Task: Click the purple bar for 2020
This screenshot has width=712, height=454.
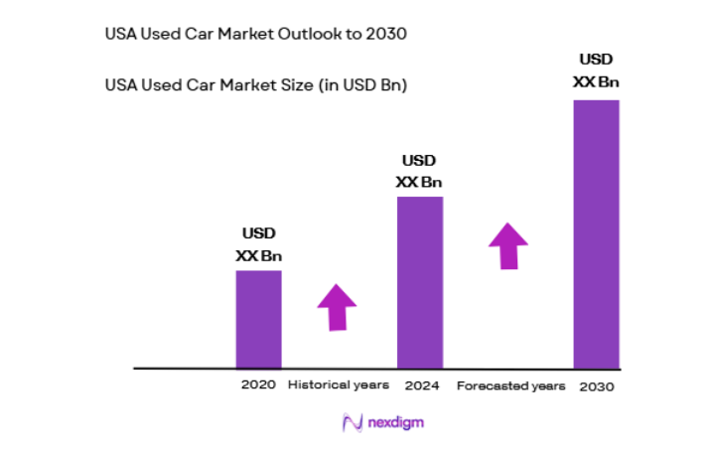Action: (258, 319)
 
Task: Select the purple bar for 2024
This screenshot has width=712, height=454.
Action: (420, 282)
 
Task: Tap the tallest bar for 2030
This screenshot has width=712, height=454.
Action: (596, 233)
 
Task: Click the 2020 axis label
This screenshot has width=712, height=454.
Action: (257, 384)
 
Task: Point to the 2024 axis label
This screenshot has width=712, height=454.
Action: (420, 384)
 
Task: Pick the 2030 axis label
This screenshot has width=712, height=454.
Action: (597, 385)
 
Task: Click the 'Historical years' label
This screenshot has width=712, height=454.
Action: (338, 384)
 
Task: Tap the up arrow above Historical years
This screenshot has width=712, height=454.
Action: (337, 307)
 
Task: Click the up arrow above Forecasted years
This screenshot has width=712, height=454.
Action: (508, 245)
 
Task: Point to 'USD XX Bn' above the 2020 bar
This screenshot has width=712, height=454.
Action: (258, 245)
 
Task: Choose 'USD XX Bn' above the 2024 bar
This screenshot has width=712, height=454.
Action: (419, 171)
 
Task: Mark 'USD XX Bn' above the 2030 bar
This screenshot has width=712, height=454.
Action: (597, 70)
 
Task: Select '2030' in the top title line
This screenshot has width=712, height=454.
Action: (386, 34)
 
